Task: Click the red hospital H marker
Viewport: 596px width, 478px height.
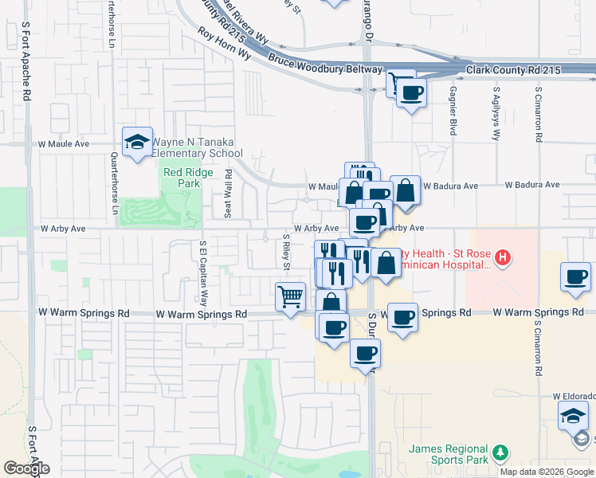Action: coord(502,257)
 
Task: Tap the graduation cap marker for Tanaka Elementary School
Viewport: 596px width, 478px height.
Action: coord(137,142)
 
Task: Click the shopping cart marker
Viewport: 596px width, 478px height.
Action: coord(291,296)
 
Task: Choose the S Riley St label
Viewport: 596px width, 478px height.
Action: coord(284,252)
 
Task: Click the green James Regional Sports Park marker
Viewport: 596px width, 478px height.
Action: coord(500,453)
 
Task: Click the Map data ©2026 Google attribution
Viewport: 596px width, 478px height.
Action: coord(547,472)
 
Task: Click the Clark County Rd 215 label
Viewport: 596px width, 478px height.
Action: coord(514,70)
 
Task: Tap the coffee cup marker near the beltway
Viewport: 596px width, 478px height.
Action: coord(411,93)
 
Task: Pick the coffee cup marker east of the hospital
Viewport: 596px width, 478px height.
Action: coord(575,277)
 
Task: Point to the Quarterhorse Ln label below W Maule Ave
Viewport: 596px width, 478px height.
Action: coord(114,183)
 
